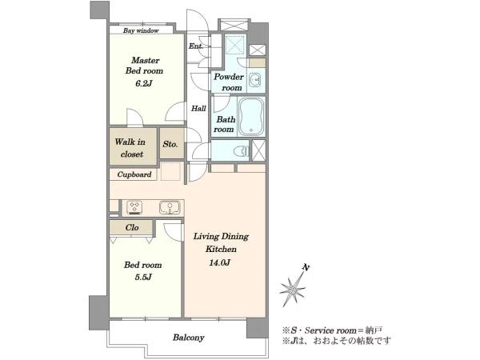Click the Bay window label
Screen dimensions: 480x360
[x=141, y=30]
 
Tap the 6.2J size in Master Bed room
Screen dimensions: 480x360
[x=143, y=83]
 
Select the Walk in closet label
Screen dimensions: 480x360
[x=130, y=148]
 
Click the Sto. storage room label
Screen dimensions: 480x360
[x=170, y=144]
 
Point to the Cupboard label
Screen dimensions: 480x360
[x=134, y=174]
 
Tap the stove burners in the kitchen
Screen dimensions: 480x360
[x=134, y=207]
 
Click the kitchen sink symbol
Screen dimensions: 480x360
[x=170, y=207]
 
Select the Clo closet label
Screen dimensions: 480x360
[x=132, y=227]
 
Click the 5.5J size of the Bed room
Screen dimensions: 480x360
[x=143, y=278]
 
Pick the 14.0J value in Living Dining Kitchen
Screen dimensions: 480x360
[x=219, y=262]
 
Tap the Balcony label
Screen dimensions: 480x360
[x=188, y=338]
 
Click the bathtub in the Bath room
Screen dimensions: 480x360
[x=251, y=117]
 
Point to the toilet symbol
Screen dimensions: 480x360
[x=242, y=150]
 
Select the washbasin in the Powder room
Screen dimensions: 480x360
[x=254, y=81]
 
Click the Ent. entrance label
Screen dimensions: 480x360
[x=196, y=46]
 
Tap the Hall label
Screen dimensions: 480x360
[x=198, y=108]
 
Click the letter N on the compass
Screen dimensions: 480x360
[x=306, y=267]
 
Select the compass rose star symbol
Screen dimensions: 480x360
[x=292, y=289]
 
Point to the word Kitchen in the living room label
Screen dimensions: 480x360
[x=221, y=249]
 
